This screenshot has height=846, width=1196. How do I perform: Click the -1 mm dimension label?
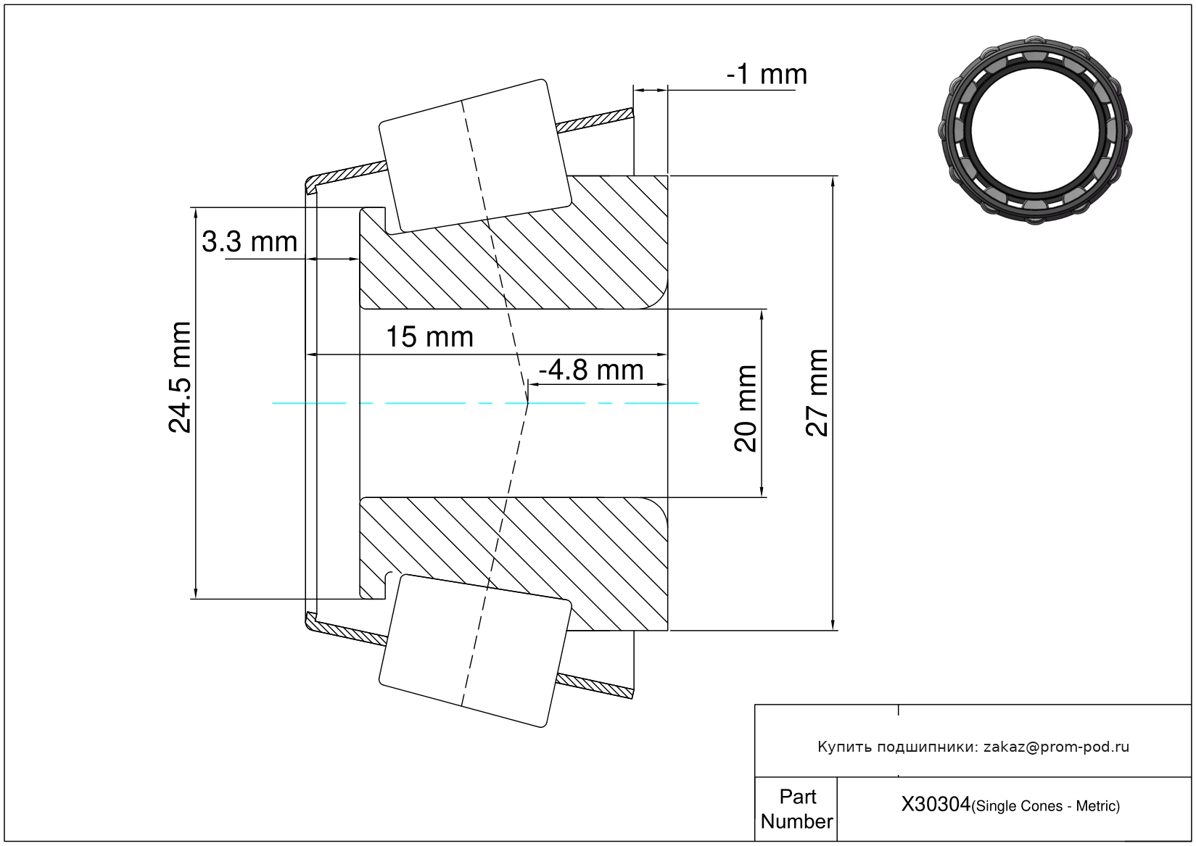[x=767, y=75]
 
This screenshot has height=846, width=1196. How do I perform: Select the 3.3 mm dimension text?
[x=249, y=242]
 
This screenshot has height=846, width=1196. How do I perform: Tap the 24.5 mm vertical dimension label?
[x=180, y=377]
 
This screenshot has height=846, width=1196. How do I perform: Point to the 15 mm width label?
[x=429, y=337]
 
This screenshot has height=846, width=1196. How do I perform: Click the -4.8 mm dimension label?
[x=591, y=370]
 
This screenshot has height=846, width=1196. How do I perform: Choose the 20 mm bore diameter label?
[x=746, y=408]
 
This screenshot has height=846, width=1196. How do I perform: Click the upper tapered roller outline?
[x=475, y=155]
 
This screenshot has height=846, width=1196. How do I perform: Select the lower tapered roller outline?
[x=475, y=650]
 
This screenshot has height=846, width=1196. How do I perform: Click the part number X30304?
[x=936, y=805]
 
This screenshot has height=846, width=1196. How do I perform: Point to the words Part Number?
[x=796, y=809]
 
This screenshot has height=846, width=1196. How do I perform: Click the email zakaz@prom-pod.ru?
[x=1056, y=747]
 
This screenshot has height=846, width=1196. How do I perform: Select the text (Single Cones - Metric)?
[x=1046, y=806]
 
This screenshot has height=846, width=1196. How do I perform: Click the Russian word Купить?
[x=844, y=747]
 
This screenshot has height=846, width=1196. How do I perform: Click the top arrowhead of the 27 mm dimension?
[x=833, y=181]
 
